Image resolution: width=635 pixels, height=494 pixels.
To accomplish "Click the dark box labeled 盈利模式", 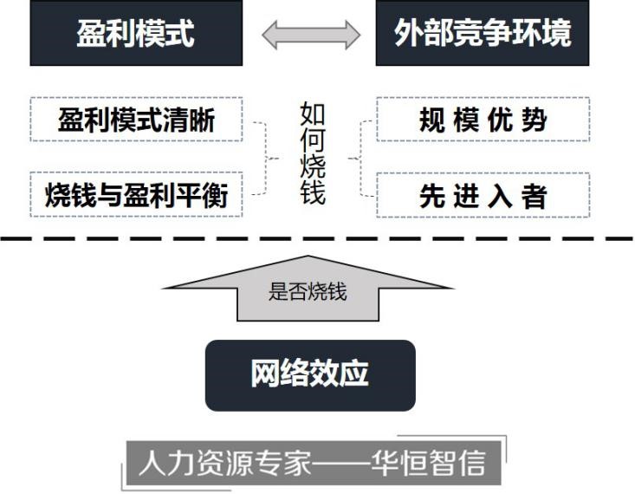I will pos(136,34).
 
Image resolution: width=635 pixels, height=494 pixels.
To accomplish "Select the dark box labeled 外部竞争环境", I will pos(483,34).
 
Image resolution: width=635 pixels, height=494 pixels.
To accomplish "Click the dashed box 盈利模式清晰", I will pos(136,120).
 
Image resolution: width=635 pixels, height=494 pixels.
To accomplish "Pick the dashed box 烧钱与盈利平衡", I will pos(136,195).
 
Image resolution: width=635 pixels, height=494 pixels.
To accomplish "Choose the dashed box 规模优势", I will pos(483,120).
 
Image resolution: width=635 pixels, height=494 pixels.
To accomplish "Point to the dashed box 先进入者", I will pos(483,195).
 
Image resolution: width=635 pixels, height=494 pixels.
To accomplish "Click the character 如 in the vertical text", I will pos(313,114).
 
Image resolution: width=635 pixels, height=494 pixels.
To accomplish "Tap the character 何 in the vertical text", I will pos(313,140).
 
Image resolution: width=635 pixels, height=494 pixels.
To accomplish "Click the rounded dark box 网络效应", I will pos(310,374).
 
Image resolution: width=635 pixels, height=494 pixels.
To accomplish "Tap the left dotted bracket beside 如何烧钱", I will pos(262,159).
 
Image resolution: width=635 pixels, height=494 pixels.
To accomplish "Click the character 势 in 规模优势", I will pos(535,120).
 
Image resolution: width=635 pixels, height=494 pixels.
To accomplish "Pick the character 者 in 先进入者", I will pos(535,196).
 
